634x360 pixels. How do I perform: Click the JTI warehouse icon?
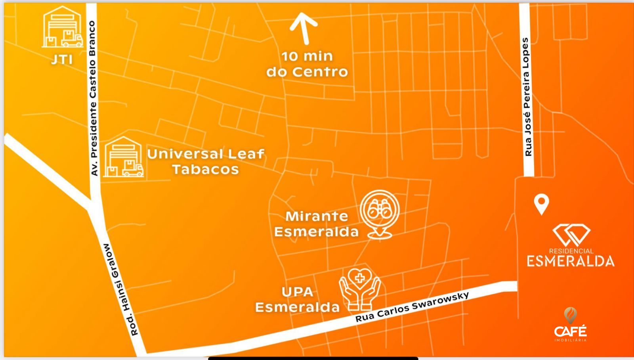point(63,27)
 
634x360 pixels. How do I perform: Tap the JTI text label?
point(62,59)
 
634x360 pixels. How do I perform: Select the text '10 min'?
point(307,56)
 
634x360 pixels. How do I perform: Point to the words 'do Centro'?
point(307,72)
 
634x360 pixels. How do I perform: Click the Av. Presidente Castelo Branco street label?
point(94,98)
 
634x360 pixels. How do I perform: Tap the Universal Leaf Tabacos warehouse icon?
point(123,157)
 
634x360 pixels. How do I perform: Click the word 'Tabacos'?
point(205,169)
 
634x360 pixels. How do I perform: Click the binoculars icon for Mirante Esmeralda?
point(380,211)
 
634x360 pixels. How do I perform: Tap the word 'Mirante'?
point(317,216)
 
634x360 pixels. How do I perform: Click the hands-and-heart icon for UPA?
point(360,289)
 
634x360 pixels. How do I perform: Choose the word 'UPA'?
point(297,292)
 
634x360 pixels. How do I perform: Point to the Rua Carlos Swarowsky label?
point(412,306)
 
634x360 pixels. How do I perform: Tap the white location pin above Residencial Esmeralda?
point(541,204)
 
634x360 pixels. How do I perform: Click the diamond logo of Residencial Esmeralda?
point(571,235)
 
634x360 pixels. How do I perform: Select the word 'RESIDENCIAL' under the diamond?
point(571,251)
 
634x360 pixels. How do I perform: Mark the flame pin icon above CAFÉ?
point(570,315)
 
